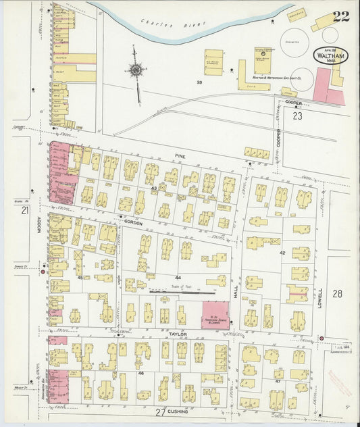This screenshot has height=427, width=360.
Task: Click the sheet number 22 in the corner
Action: pyautogui.click(x=340, y=16)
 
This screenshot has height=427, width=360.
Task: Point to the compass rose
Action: pyautogui.click(x=136, y=69)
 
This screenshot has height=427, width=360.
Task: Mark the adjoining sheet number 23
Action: pyautogui.click(x=298, y=116)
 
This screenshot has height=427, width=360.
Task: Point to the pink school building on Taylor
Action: pyautogui.click(x=215, y=316)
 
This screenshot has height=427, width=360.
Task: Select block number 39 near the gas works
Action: pyautogui.click(x=199, y=82)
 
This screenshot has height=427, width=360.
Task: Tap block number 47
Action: pyautogui.click(x=278, y=382)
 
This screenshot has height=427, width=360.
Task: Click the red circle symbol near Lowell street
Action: pyautogui.click(x=321, y=338)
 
